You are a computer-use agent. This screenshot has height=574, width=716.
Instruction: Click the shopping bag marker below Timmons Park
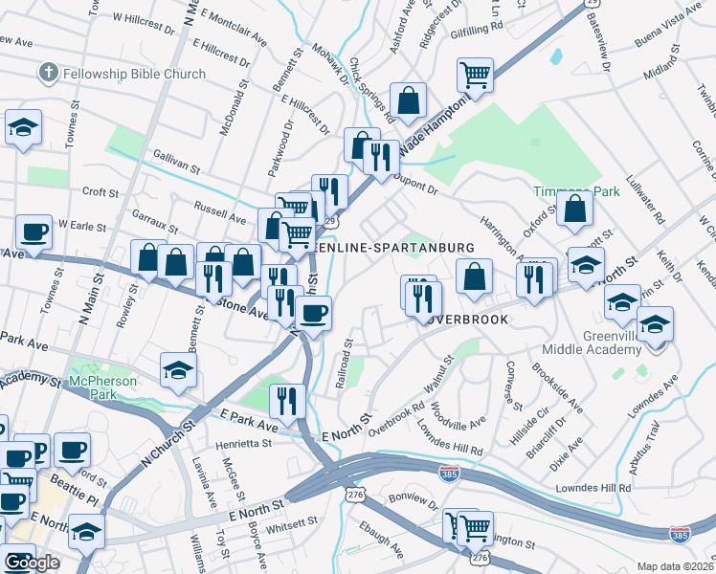click(574, 212)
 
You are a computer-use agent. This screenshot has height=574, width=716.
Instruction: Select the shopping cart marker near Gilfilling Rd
click(475, 76)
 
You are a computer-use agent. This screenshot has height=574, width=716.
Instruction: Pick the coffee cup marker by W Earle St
click(34, 233)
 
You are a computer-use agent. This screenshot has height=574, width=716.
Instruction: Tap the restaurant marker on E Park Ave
click(286, 399)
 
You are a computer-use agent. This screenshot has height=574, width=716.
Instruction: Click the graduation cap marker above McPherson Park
click(179, 372)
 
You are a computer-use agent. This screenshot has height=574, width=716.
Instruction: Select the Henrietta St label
click(234, 443)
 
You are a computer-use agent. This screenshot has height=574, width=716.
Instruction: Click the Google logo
click(32, 563)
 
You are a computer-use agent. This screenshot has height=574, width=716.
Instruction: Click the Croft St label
click(100, 191)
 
